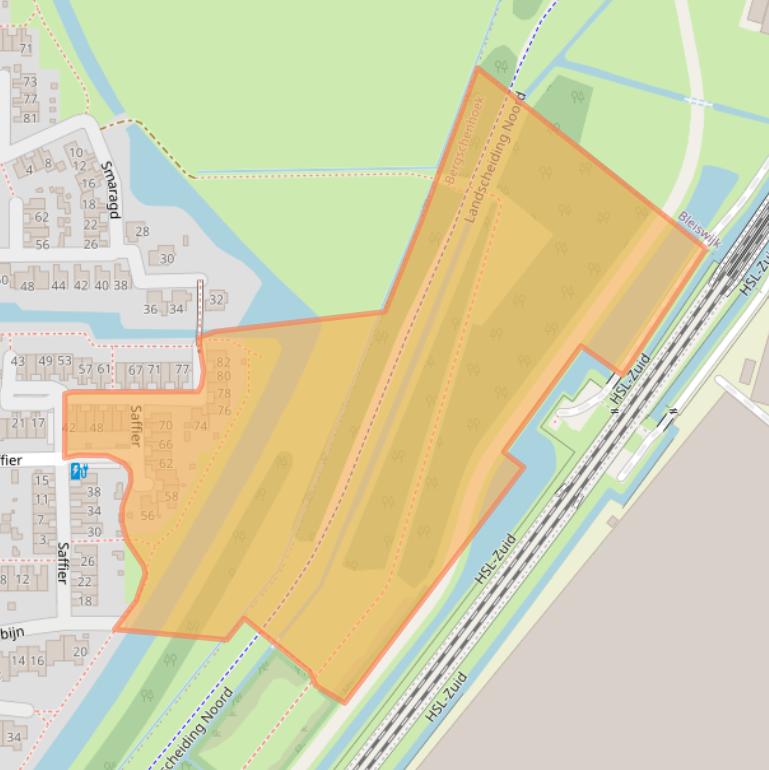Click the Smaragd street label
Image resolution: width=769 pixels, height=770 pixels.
click(110, 188)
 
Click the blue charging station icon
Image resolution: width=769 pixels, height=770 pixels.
click(78, 470)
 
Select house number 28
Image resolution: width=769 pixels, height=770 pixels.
click(142, 231)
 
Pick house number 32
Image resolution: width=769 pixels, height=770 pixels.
click(216, 299)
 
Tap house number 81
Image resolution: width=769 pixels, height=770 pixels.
click(30, 117)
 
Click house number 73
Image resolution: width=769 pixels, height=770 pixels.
click(30, 82)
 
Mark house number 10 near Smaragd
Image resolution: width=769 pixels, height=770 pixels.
click(76, 153)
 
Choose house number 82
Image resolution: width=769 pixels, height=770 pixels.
click(224, 362)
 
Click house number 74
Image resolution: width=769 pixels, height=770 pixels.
click(200, 426)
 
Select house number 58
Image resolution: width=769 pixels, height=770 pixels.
click(171, 496)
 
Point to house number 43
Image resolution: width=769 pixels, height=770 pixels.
click(18, 361)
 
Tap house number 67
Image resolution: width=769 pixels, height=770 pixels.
click(135, 369)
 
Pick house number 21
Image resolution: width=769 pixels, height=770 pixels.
click(18, 423)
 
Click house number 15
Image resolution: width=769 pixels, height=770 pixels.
click(42, 480)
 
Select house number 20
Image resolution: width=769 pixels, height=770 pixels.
click(80, 651)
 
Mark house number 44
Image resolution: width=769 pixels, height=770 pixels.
click(59, 285)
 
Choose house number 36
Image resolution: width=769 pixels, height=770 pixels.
click(150, 309)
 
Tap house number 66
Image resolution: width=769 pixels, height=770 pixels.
click(166, 444)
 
